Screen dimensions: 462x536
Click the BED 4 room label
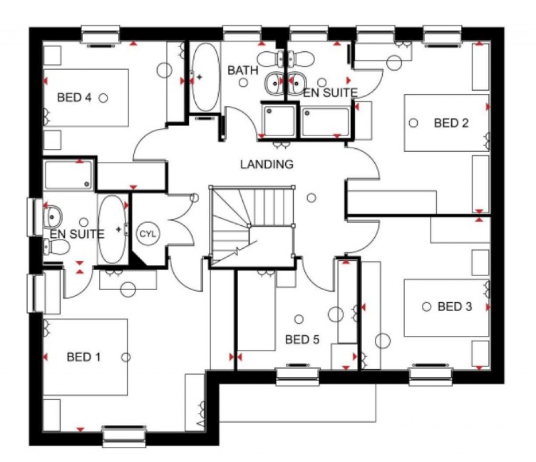pyautogui.click(x=76, y=97)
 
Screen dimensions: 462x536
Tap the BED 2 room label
pyautogui.click(x=451, y=123)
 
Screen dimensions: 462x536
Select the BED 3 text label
pyautogui.click(x=455, y=306)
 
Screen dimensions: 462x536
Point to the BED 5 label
pyautogui.click(x=302, y=340)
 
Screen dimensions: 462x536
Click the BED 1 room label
pyautogui.click(x=84, y=357)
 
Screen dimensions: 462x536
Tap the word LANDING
pyautogui.click(x=267, y=164)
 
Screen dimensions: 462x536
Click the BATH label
pyautogui.click(x=243, y=70)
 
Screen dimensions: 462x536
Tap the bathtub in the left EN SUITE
pyautogui.click(x=112, y=229)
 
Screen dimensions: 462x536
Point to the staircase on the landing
pyautogui.click(x=251, y=225)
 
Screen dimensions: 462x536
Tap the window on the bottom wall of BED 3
pyautogui.click(x=431, y=375)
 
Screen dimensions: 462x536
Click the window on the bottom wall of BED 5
pyautogui.click(x=297, y=376)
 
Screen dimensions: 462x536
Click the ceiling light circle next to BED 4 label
pyautogui.click(x=104, y=97)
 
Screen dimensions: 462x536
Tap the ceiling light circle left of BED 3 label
pyautogui.click(x=427, y=306)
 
